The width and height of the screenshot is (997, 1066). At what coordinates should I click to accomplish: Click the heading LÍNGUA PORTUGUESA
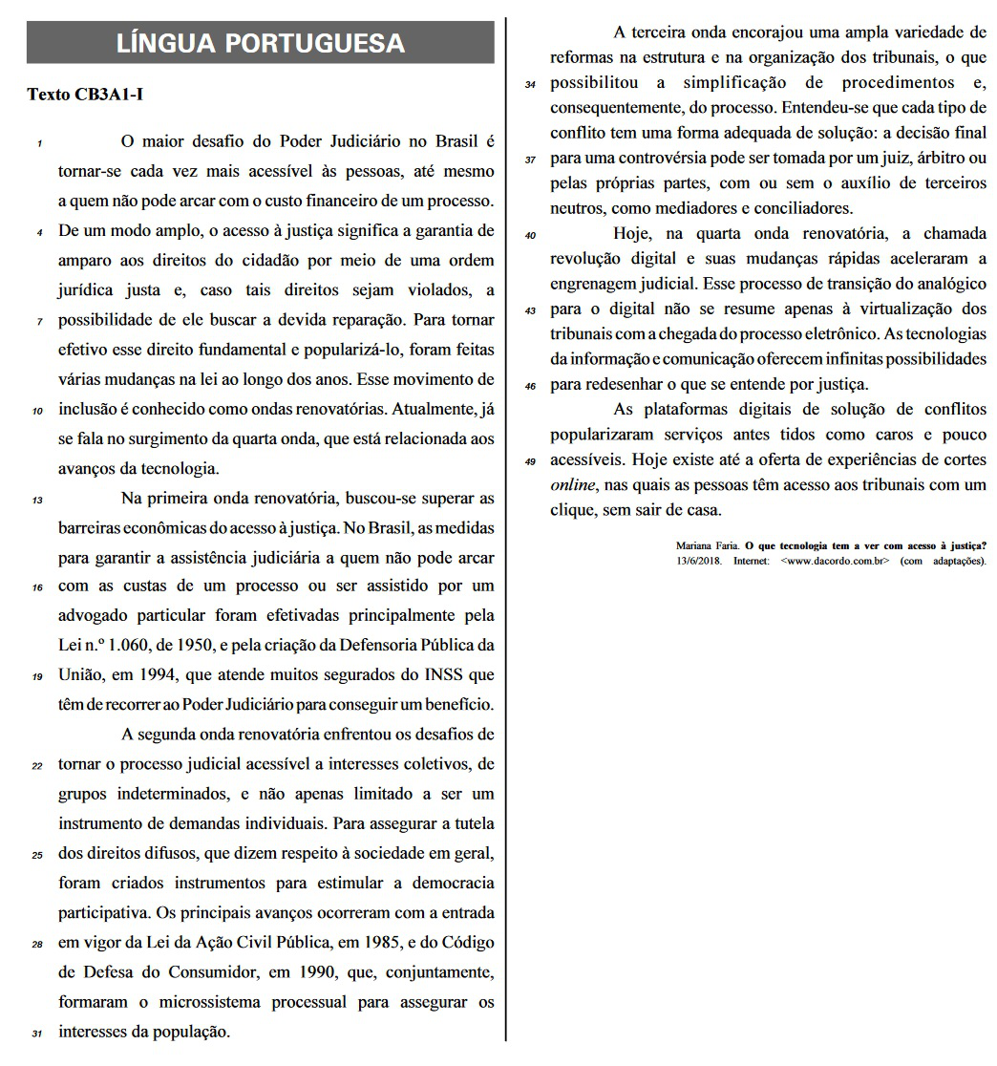tap(260, 43)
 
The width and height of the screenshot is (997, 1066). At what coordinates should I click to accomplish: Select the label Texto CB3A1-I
tap(86, 95)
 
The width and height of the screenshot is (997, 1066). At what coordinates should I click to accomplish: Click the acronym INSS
tap(442, 675)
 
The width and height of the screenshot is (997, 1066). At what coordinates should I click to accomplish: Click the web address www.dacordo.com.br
tap(836, 560)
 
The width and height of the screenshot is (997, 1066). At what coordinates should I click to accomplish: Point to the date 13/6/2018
tap(700, 560)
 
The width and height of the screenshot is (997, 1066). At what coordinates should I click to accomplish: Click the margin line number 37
tap(531, 160)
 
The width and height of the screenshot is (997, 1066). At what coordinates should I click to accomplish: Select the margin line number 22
tap(37, 766)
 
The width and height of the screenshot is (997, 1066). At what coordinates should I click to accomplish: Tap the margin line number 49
tap(531, 461)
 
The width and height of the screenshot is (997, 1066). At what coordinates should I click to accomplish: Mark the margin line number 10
tap(37, 412)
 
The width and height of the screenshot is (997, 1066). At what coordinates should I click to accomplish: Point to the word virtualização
tap(874, 309)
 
